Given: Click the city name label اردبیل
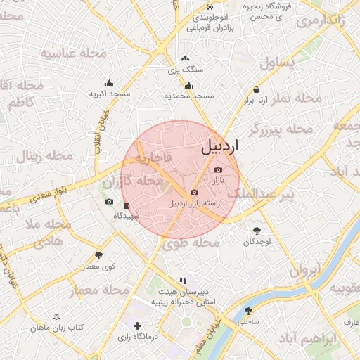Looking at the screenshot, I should [220, 146].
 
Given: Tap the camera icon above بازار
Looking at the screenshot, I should [217, 170].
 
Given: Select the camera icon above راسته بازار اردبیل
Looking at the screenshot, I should [194, 193].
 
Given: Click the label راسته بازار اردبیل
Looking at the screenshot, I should [194, 203].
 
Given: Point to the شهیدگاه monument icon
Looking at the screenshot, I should [126, 206].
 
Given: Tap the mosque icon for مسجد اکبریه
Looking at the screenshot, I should [109, 83].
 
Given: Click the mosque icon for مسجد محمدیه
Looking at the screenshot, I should [188, 85].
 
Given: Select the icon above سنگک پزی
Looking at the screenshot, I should [185, 59].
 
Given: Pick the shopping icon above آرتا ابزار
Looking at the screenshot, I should [257, 90].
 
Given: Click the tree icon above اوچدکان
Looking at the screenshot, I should [257, 231].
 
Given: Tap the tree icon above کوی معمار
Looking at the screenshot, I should [98, 256].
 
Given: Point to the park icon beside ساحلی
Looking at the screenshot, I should [247, 311].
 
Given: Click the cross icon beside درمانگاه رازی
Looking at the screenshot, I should [137, 326].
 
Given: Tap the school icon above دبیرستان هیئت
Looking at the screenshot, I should [184, 280].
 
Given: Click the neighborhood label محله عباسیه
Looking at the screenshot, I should [74, 53].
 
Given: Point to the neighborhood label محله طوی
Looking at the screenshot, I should [191, 243].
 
